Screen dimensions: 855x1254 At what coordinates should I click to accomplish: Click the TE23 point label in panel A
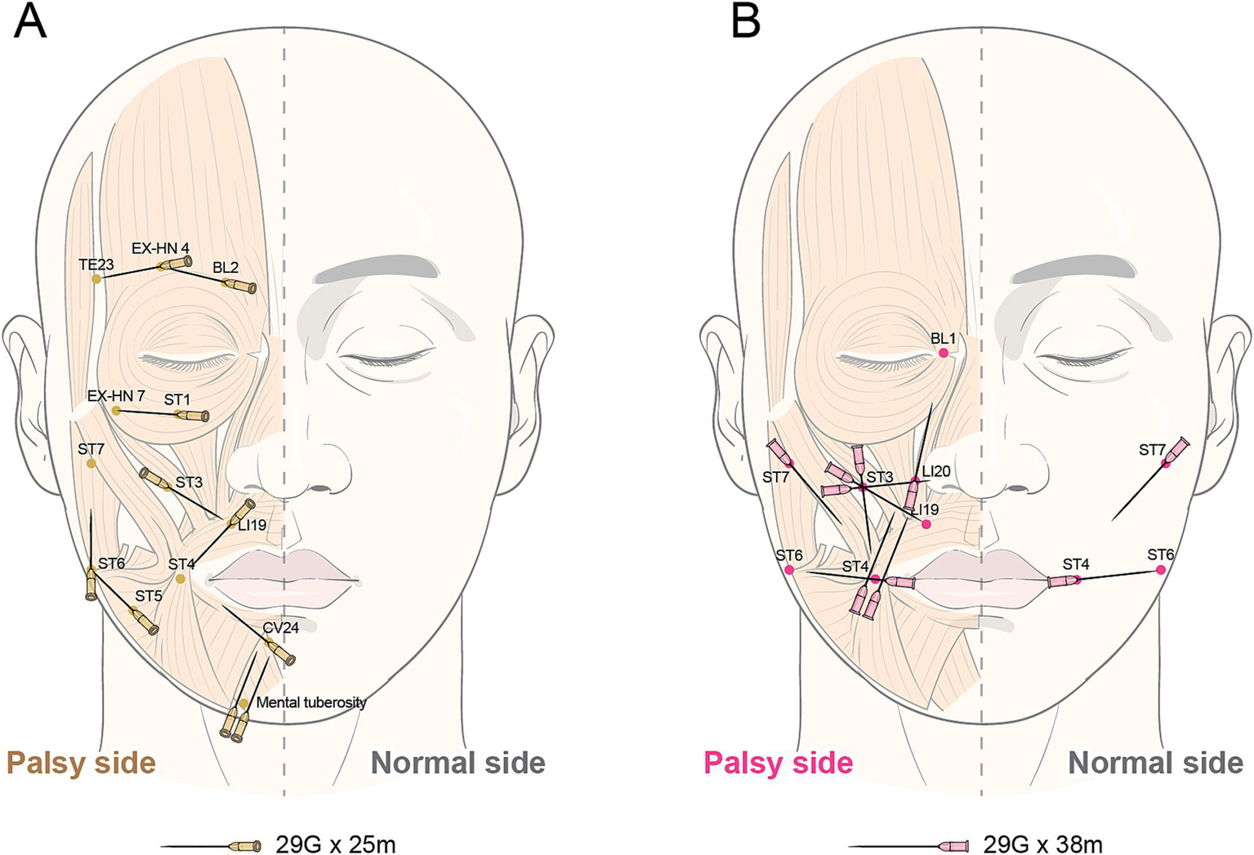click(x=96, y=265)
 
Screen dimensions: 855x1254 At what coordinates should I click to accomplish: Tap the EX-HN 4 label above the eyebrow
click(x=160, y=247)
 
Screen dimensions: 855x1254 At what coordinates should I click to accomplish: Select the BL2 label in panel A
click(x=225, y=268)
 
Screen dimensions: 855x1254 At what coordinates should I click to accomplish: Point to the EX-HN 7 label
click(x=116, y=396)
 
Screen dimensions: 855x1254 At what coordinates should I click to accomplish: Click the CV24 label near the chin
click(x=280, y=628)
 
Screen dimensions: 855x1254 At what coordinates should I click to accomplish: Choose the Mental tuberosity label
click(x=311, y=702)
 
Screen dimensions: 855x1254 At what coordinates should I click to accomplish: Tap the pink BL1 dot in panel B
click(x=944, y=353)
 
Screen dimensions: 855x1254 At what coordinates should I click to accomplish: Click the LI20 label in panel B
click(x=936, y=471)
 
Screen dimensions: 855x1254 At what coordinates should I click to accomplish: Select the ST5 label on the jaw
click(x=149, y=596)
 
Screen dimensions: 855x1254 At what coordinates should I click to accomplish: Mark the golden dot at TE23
click(x=96, y=278)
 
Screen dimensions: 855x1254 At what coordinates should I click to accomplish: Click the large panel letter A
click(x=30, y=22)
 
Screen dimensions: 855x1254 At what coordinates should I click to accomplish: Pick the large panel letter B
click(x=745, y=22)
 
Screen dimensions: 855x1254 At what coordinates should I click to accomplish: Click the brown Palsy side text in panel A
click(x=81, y=763)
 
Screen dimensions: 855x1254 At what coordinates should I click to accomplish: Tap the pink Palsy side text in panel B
click(x=778, y=763)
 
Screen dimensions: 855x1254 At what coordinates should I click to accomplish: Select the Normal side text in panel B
click(x=1155, y=763)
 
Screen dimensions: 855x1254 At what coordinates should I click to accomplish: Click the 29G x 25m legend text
click(x=336, y=844)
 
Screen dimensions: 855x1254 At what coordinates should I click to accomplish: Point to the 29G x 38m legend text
click(x=1042, y=844)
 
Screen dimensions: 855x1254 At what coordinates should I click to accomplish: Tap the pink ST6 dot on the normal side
click(x=1161, y=570)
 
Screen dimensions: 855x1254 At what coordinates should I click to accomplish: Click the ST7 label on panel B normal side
click(x=1152, y=450)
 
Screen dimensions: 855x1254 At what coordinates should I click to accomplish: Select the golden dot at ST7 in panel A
click(x=91, y=464)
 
